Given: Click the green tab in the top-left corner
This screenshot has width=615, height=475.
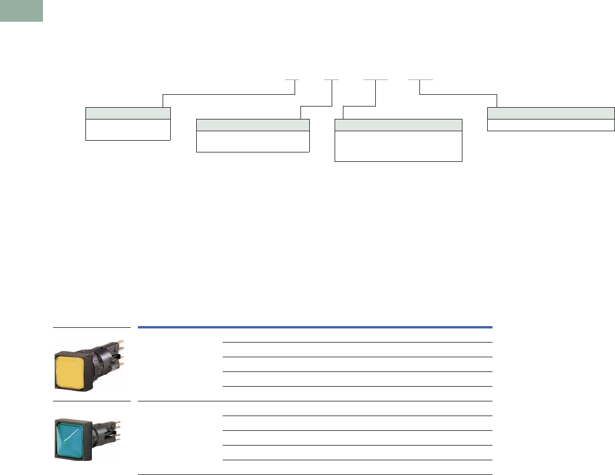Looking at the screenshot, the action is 21,11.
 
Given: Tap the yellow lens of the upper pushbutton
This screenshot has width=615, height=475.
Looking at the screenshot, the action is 71,369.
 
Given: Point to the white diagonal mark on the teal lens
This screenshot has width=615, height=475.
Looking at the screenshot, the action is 74,435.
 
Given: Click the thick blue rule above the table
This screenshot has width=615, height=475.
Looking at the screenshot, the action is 315,327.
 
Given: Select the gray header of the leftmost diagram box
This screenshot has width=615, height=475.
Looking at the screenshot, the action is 128,114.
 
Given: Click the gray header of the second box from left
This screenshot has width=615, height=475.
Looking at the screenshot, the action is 252,125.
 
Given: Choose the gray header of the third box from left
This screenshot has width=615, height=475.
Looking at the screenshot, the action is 398,125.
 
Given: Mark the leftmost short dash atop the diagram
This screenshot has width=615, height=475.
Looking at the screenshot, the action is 293,79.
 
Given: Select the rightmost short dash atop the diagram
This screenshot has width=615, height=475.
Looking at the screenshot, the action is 421,79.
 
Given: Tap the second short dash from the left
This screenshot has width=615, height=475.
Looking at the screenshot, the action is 332,79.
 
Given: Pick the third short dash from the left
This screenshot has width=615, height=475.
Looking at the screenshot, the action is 375,79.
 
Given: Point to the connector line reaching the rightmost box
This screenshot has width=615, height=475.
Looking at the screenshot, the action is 459,94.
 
